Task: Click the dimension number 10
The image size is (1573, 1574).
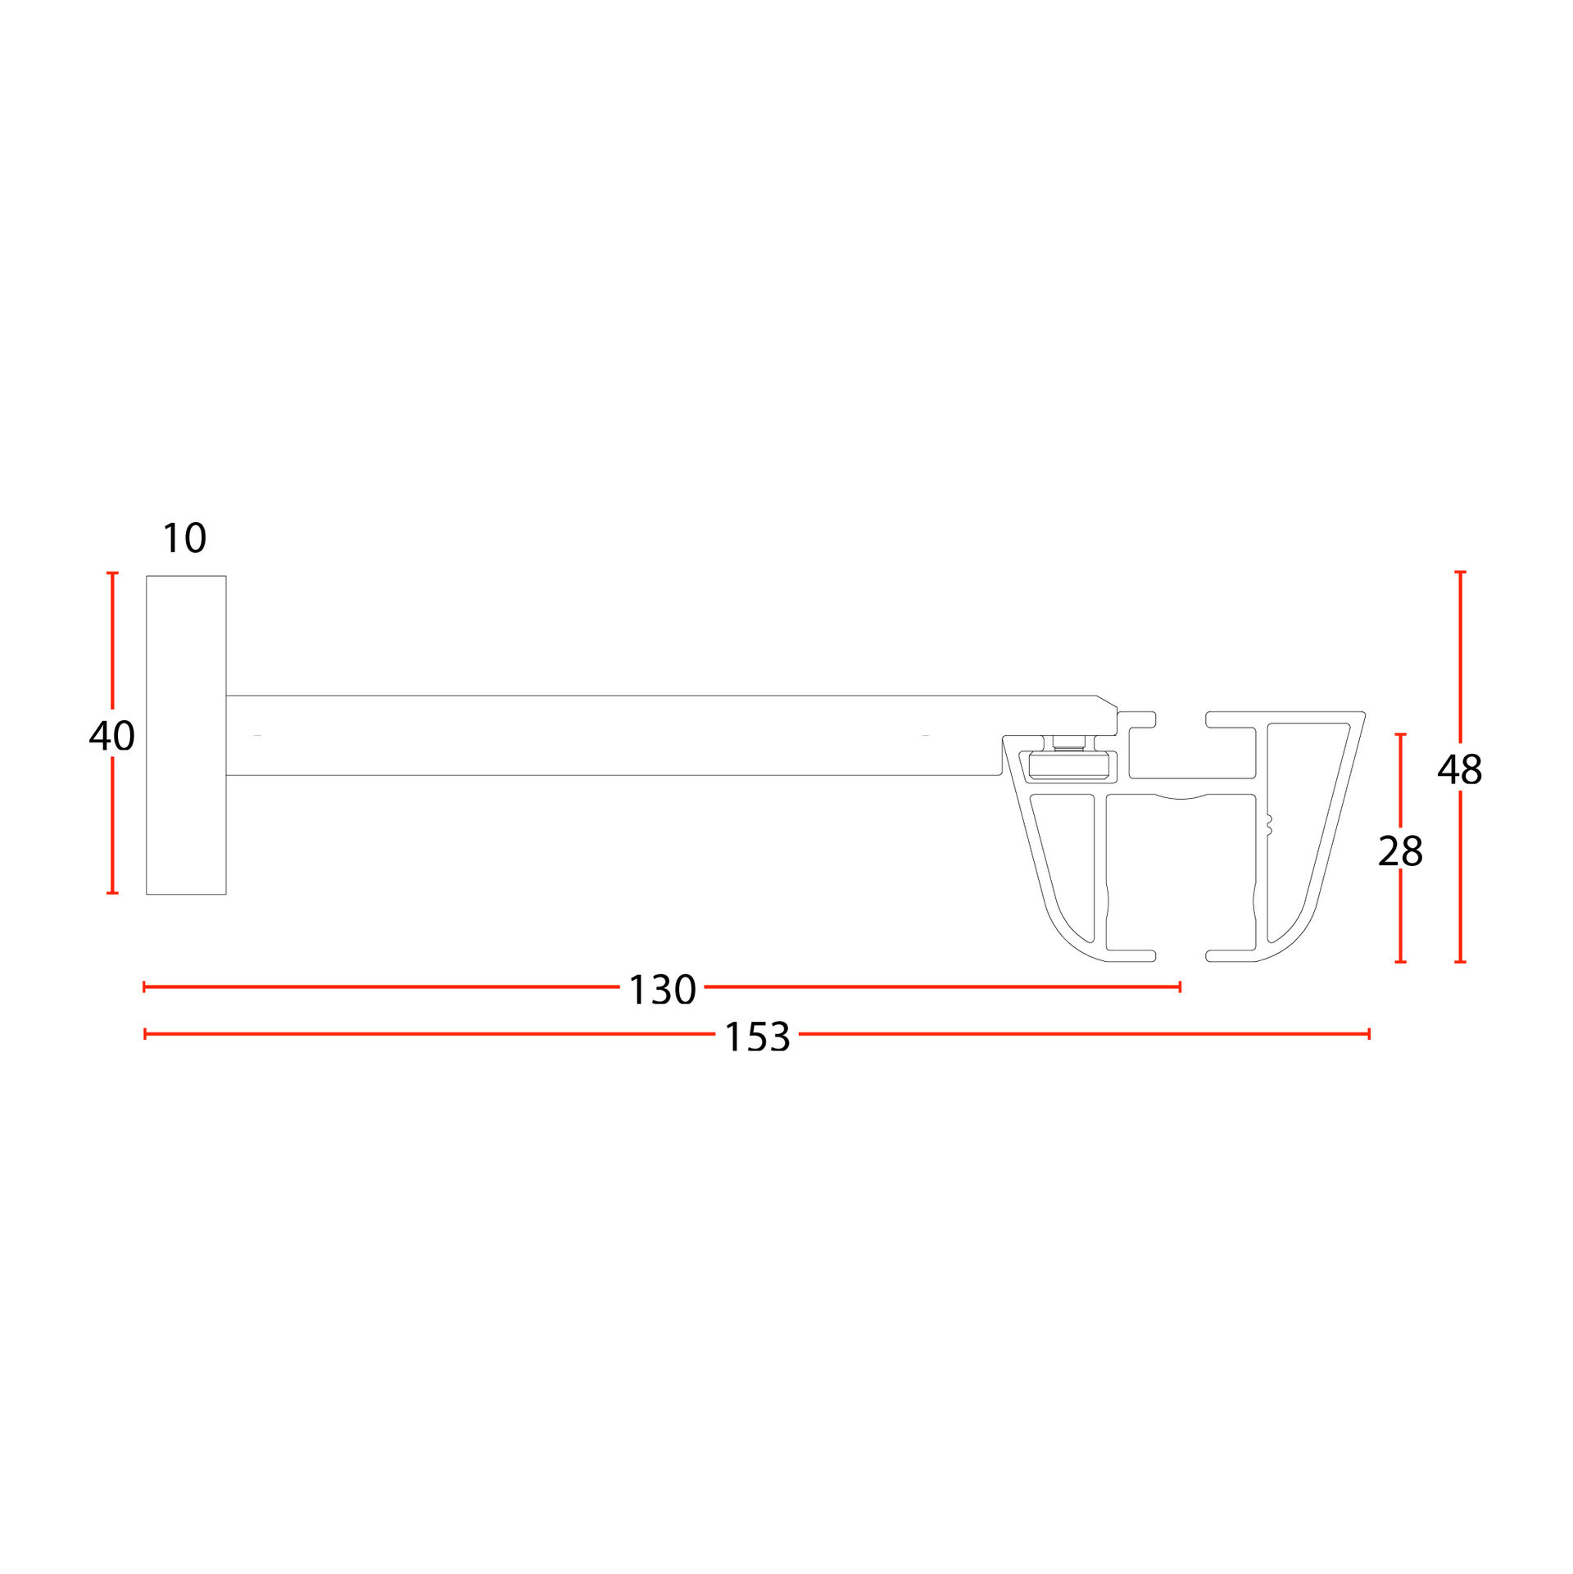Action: point(184,538)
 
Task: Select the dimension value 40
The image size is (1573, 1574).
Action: point(112,736)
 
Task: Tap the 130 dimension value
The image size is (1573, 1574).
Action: point(662,990)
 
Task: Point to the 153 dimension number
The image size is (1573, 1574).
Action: point(757,1036)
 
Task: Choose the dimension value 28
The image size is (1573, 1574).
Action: point(1400,851)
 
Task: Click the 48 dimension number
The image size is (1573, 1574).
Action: point(1460,769)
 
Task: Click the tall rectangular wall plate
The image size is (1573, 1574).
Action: point(186,735)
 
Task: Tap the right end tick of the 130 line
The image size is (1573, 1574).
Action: point(1180,987)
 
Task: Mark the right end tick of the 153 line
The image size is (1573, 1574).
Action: point(1369,1034)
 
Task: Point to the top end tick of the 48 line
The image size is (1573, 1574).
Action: point(1460,572)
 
